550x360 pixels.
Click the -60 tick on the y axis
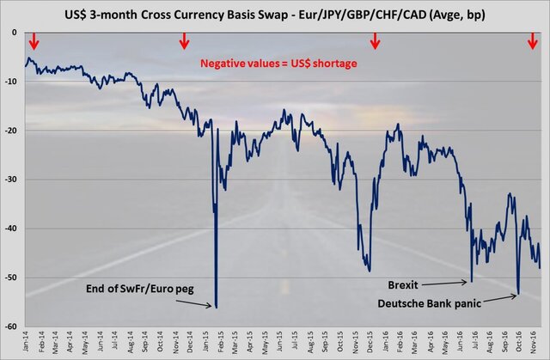pyautogui.click(x=13, y=326)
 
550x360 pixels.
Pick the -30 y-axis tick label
pyautogui.click(x=13, y=180)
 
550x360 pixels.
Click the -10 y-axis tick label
pyautogui.click(x=13, y=82)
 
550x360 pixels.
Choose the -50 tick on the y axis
pyautogui.click(x=13, y=278)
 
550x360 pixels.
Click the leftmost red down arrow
pyautogui.click(x=34, y=41)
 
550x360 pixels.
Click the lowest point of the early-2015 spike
pyautogui.click(x=216, y=307)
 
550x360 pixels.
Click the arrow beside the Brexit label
pyautogui.click(x=448, y=281)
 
